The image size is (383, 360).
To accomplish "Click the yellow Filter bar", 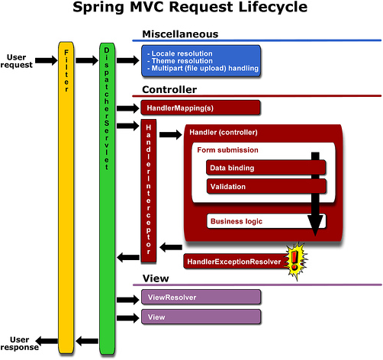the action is (66, 198).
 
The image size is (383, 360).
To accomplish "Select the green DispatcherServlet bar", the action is (107, 198).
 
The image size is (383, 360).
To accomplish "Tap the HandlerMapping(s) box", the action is (201, 108).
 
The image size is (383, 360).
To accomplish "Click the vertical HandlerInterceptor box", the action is (149, 191).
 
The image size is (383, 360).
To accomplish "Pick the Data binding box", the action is (266, 168).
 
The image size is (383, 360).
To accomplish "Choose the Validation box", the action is (266, 186).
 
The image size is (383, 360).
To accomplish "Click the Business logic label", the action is (237, 221).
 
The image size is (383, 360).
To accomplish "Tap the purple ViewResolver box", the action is (201, 297).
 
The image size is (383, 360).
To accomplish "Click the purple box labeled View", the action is (201, 317).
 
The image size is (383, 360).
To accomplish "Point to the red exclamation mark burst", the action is (296, 261).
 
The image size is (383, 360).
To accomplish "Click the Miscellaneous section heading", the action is (180, 34).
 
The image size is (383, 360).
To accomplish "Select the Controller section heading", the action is (169, 89).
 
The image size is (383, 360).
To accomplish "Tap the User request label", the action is (17, 61).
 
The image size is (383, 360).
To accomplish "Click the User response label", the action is (20, 343).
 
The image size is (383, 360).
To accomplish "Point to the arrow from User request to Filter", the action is (47, 60).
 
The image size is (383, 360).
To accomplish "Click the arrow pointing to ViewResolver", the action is (128, 300).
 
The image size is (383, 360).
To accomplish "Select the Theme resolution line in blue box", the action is (180, 61).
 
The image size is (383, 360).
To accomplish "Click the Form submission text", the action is (227, 150).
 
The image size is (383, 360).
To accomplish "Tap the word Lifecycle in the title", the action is (273, 8).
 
